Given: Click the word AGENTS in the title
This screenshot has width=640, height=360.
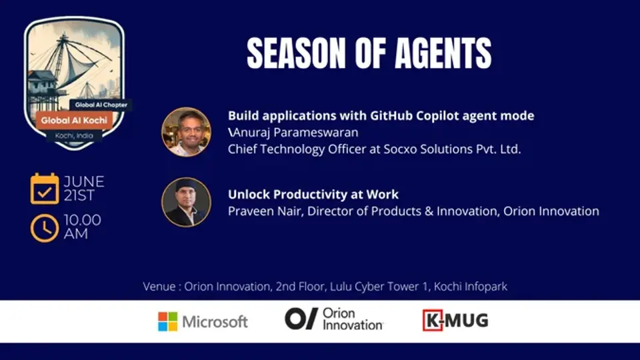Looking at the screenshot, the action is (443, 53).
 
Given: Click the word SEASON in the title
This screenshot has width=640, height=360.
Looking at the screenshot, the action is (296, 53).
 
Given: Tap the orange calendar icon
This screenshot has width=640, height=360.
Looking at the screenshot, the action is (45, 189).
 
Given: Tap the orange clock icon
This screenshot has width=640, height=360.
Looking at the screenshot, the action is (45, 228).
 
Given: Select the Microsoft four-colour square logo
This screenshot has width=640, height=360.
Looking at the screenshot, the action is (168, 321).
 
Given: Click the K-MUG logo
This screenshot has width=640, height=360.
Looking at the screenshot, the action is (455, 321).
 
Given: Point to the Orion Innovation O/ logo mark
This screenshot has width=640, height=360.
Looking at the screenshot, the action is (301, 319).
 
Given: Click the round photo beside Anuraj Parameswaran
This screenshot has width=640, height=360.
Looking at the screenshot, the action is (186, 132).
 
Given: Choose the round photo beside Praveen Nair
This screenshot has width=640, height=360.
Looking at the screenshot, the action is (186, 202).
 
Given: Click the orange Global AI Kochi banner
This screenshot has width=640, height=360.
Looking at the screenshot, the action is (74, 121).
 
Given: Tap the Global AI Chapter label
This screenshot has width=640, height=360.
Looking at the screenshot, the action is (101, 105).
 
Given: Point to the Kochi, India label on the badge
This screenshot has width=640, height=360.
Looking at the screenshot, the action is (74, 135).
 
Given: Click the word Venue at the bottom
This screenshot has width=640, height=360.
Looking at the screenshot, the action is (159, 287).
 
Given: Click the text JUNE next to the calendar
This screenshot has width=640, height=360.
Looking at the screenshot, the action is (84, 181).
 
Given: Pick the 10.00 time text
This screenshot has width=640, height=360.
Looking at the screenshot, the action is (83, 220).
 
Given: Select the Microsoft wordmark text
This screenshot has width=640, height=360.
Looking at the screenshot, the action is (215, 322).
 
